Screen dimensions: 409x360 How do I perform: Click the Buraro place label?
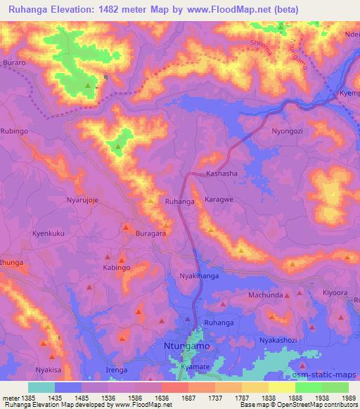(x=14, y=63)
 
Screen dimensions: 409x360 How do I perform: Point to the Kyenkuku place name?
(x=49, y=233)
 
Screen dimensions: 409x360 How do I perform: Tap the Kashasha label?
(x=221, y=174)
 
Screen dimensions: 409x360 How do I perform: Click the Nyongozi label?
(x=290, y=131)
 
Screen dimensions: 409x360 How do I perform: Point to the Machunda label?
(x=265, y=294)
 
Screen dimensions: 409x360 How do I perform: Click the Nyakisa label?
(x=49, y=370)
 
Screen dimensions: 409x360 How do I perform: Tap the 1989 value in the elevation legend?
(x=348, y=397)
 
